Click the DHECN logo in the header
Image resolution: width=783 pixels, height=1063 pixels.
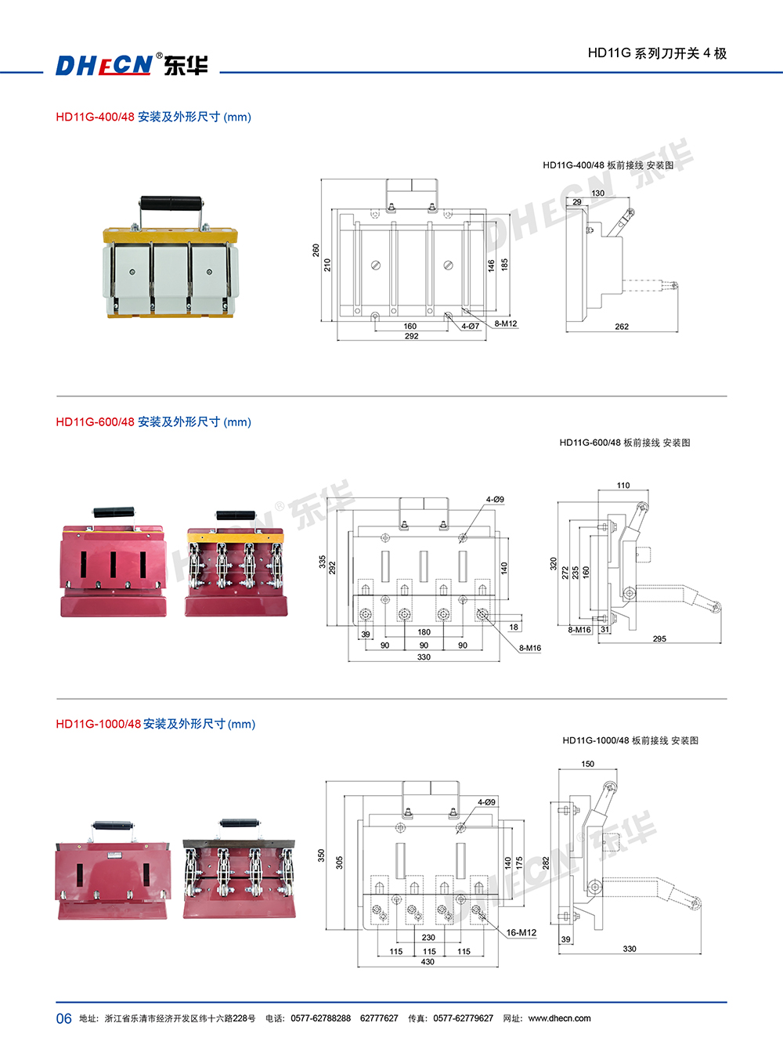tap(103, 65)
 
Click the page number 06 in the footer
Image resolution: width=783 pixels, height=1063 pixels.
tap(63, 1018)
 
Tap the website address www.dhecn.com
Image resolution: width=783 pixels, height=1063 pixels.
tap(559, 1018)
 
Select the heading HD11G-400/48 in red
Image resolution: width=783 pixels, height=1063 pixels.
tap(95, 117)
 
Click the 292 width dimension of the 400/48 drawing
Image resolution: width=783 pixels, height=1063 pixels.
tap(411, 336)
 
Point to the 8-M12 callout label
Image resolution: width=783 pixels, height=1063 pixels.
tap(505, 324)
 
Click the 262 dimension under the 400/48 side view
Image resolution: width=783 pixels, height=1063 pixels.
tap(622, 327)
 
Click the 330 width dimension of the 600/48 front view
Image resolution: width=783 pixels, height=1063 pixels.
tap(424, 657)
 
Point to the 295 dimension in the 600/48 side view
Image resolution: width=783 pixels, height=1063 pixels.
tap(659, 638)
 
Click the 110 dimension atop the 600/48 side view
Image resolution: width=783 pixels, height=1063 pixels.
tap(623, 486)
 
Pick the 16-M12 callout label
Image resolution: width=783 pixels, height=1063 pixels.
tap(521, 932)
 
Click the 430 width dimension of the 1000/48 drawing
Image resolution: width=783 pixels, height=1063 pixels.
tap(428, 962)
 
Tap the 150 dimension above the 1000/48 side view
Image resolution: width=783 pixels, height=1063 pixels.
tap(588, 764)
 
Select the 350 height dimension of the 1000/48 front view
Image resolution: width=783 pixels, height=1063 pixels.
tap(321, 855)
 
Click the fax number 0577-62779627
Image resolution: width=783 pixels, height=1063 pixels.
tap(463, 1018)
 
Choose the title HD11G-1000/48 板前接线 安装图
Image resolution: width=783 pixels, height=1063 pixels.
tap(630, 740)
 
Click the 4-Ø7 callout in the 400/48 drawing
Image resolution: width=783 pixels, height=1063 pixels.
tap(470, 326)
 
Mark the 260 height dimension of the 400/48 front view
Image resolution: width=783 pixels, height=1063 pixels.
tap(316, 250)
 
